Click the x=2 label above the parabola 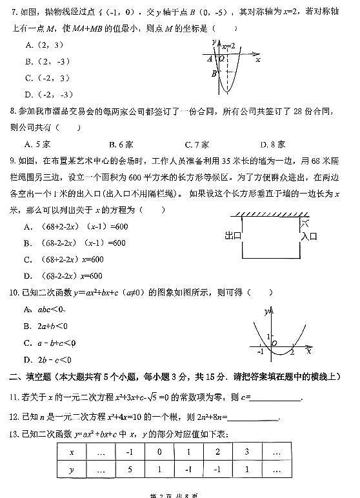228,46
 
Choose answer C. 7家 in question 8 196,144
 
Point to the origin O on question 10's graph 274,344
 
